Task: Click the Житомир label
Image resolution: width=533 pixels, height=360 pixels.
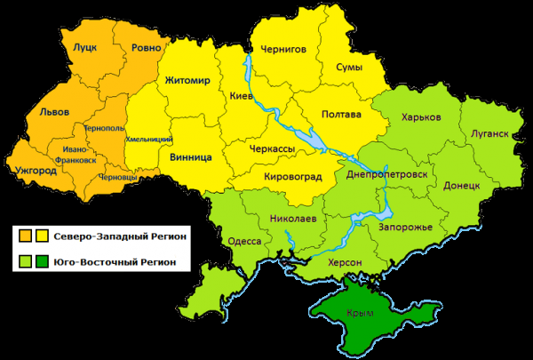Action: click(x=187, y=81)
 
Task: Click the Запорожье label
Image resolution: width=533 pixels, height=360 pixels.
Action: click(x=405, y=228)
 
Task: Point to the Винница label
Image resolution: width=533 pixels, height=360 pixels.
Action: click(x=190, y=157)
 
